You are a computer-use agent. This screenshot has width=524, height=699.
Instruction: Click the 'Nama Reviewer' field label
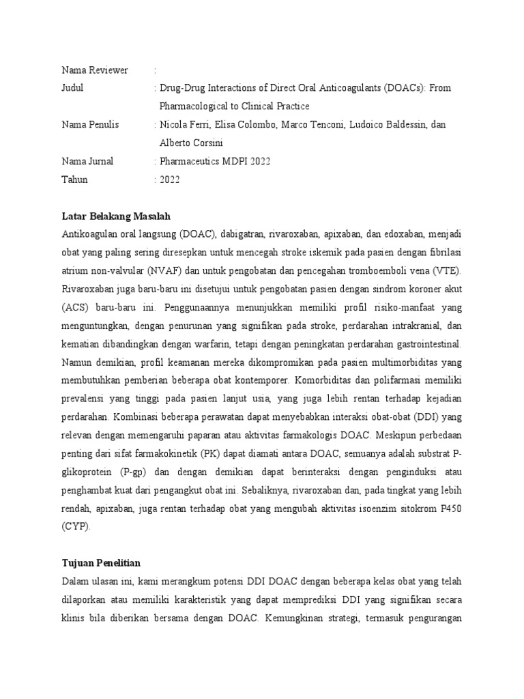(x=95, y=70)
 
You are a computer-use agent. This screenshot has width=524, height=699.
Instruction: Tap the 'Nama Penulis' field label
(x=90, y=125)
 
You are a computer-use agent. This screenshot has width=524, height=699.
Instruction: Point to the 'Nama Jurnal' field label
(x=87, y=162)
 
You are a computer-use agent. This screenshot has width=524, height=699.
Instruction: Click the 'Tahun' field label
(x=75, y=180)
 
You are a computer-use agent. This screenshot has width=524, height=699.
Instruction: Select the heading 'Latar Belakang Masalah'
(x=115, y=216)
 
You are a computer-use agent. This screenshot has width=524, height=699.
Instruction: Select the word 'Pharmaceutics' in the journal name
(x=189, y=162)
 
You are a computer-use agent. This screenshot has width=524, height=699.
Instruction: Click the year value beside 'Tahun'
(x=170, y=180)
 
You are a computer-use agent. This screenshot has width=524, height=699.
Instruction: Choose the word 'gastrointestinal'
(x=425, y=344)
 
